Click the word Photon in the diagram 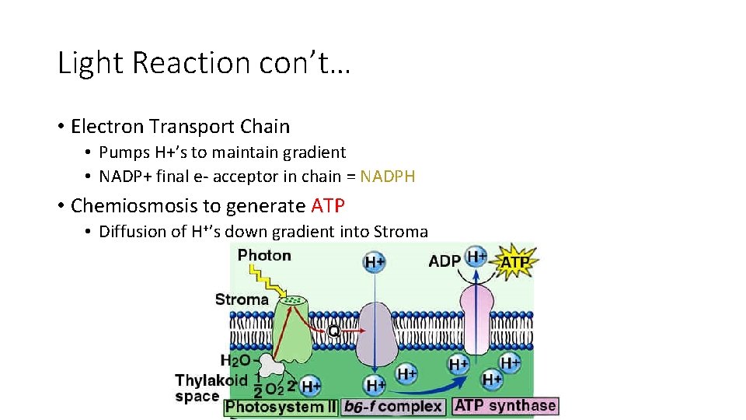(264, 256)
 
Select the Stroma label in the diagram (242, 299)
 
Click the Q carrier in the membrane (333, 331)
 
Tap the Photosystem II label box (281, 406)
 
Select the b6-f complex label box (394, 406)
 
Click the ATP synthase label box (505, 405)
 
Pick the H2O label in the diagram (235, 360)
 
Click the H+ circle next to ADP (476, 257)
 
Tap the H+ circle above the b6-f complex (375, 262)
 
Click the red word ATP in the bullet (328, 206)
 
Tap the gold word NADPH (388, 177)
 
